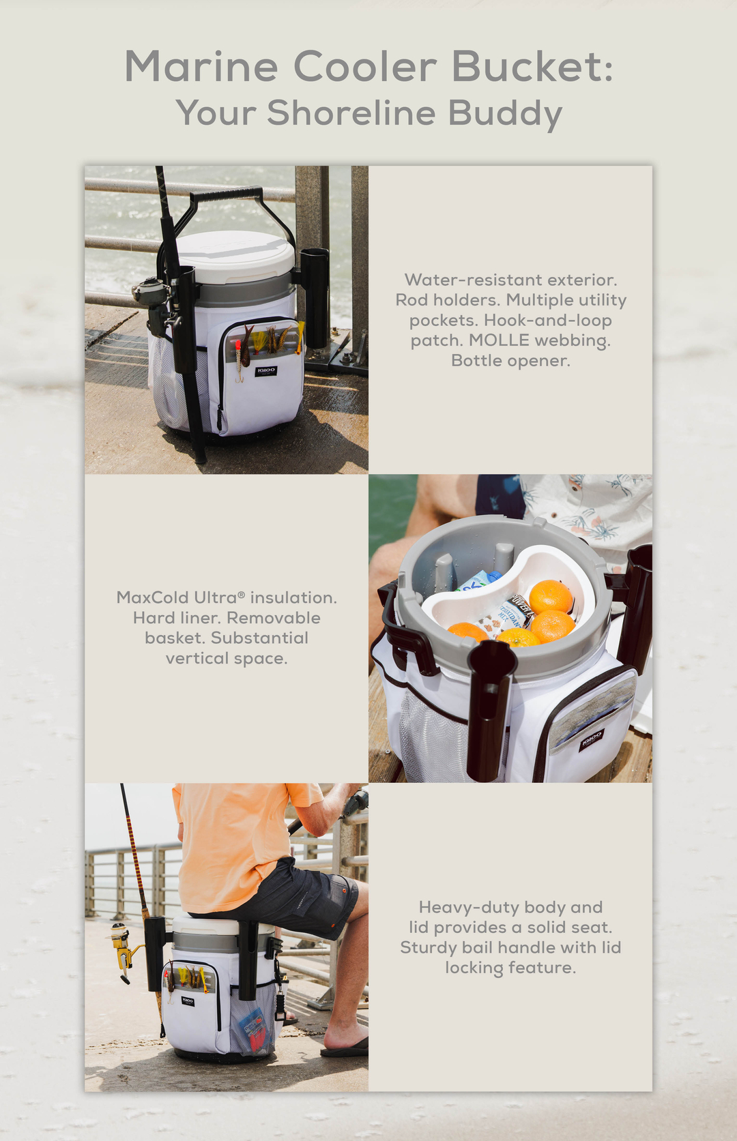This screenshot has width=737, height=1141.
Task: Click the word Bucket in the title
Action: point(532,67)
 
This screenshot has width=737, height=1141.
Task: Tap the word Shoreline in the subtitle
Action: point(351,113)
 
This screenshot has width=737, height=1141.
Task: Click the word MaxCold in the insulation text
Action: point(153,597)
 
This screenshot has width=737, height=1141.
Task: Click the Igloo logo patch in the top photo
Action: point(265,371)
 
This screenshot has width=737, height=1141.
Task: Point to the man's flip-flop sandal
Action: point(345,1048)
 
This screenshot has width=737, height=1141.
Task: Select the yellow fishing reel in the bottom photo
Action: point(123,944)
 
